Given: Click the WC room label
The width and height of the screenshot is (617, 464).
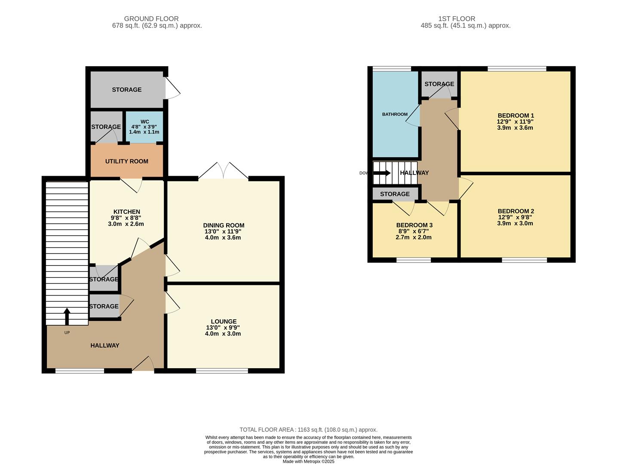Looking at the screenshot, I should pyautogui.click(x=144, y=122).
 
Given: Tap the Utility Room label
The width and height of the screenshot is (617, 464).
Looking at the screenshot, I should pyautogui.click(x=127, y=161).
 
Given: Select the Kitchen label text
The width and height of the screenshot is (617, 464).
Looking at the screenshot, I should pyautogui.click(x=126, y=212).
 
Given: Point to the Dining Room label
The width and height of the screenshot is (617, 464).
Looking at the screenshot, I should pyautogui.click(x=224, y=226).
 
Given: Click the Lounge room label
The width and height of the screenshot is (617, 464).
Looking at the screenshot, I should pyautogui.click(x=224, y=321).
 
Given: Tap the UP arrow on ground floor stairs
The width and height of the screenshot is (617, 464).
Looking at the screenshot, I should pyautogui.click(x=67, y=316).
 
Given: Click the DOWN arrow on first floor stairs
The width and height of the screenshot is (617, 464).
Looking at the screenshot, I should pyautogui.click(x=381, y=173).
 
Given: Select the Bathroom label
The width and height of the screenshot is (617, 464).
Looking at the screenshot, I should pyautogui.click(x=395, y=114).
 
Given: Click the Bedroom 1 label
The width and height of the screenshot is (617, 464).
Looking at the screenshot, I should pyautogui.click(x=516, y=116).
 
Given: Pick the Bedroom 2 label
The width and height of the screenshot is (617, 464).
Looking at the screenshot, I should pyautogui.click(x=516, y=211).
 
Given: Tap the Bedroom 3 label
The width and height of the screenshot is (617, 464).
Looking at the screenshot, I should pyautogui.click(x=414, y=225).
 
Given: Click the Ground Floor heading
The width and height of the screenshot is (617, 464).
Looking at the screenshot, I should pyautogui.click(x=151, y=18).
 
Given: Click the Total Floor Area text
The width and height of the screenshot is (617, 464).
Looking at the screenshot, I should pyautogui.click(x=308, y=430).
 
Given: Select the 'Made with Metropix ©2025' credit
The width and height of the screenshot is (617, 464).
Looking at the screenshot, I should pyautogui.click(x=308, y=461).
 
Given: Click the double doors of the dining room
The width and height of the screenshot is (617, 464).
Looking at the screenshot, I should pyautogui.click(x=223, y=172).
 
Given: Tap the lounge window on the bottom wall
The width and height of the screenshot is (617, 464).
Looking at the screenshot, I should pyautogui.click(x=222, y=371).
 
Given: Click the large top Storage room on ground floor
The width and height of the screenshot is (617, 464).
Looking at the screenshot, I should pyautogui.click(x=127, y=89).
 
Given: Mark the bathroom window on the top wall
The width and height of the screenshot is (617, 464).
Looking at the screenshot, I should pyautogui.click(x=391, y=68).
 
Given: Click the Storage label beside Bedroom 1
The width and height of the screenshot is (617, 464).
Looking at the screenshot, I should pyautogui.click(x=439, y=84).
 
